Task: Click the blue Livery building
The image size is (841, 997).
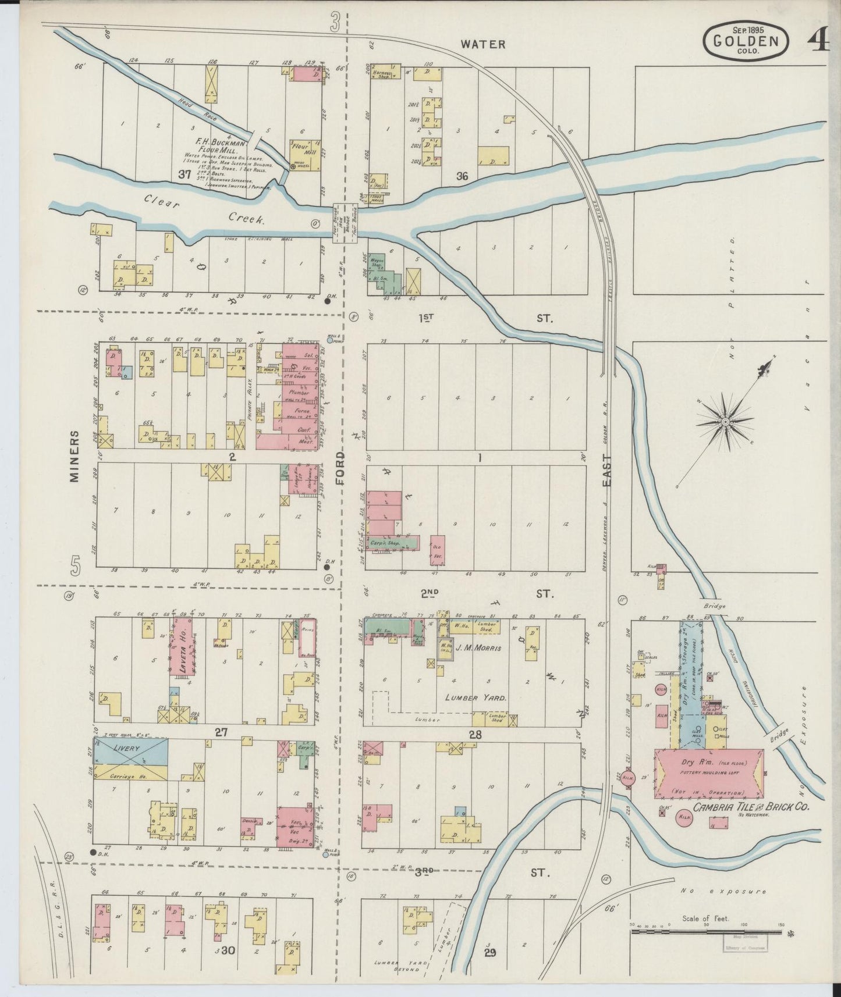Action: [x=131, y=750]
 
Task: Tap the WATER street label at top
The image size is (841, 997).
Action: [x=482, y=44]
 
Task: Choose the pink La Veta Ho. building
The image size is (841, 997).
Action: [x=181, y=646]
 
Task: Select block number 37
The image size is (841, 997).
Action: [x=184, y=174]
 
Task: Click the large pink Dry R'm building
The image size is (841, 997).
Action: [x=709, y=773]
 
